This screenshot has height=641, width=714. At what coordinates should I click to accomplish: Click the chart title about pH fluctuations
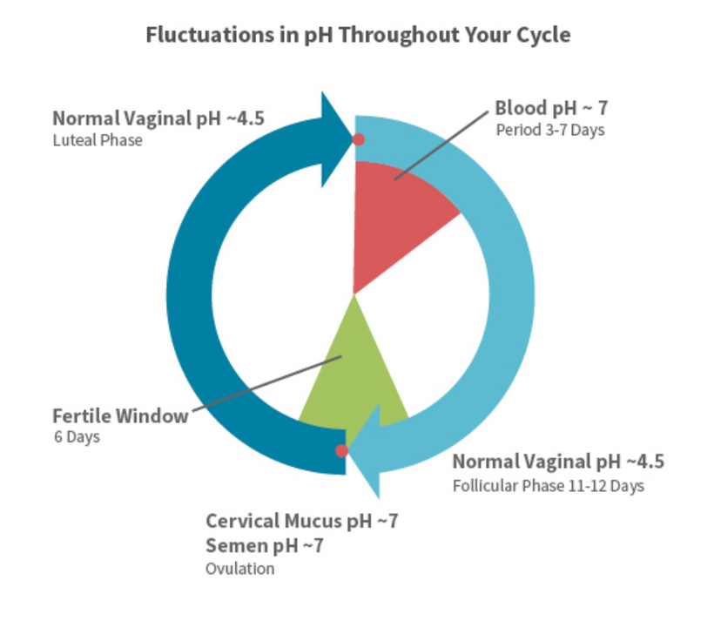click(x=358, y=36)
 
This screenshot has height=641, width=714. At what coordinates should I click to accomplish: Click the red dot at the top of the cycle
click(x=358, y=139)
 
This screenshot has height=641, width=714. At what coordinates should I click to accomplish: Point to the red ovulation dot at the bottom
click(x=341, y=450)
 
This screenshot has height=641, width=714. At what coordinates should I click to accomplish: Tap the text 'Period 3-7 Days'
click(x=550, y=131)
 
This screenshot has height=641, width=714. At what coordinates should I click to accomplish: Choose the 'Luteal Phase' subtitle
click(x=98, y=139)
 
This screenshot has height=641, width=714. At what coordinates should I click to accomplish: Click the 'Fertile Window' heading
click(x=120, y=415)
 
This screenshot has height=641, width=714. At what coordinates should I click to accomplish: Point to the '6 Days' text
click(x=77, y=437)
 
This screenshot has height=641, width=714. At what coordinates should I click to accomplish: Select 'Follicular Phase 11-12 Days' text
click(x=549, y=486)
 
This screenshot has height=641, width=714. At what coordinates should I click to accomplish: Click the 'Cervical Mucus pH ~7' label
click(x=301, y=522)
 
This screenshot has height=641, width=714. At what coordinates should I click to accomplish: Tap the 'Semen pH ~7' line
click(x=265, y=546)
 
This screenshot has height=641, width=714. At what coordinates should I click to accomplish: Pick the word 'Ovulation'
click(x=239, y=569)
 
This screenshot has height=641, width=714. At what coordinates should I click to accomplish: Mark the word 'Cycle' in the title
click(x=541, y=36)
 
